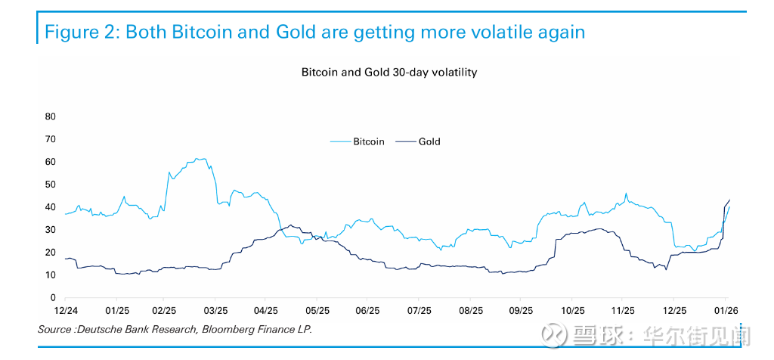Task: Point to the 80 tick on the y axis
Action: [51, 116]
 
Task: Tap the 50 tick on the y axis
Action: [51, 185]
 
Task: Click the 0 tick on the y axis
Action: [53, 298]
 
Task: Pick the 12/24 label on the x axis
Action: [66, 311]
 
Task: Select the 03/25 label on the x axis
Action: [216, 311]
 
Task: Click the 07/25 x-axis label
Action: [419, 311]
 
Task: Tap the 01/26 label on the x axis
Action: [726, 311]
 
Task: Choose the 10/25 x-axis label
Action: [572, 311]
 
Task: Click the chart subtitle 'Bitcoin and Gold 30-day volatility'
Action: [389, 73]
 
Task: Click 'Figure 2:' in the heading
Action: [82, 33]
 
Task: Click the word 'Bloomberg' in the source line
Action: [227, 329]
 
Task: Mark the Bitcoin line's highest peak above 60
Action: [200, 159]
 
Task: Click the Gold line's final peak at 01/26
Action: [729, 200]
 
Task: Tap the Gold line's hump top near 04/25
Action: [290, 225]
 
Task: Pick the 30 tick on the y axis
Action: [51, 230]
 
